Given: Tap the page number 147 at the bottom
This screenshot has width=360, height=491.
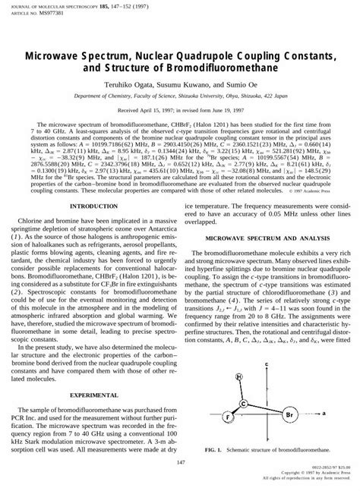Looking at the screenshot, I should tap(180, 463).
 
